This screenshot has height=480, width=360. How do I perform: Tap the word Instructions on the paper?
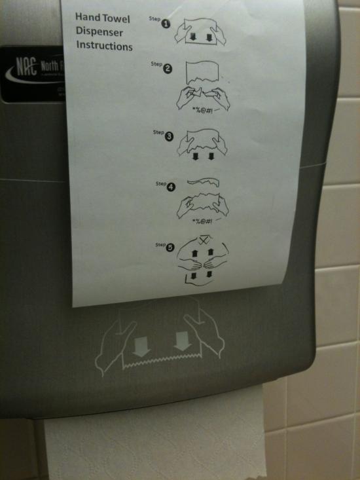(x=104, y=46)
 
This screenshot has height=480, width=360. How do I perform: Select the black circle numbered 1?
(x=166, y=24)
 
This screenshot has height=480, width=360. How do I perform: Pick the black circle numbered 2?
(x=168, y=69)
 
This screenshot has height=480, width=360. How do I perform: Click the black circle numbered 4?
(x=171, y=187)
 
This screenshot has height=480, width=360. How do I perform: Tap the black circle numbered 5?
(x=170, y=248)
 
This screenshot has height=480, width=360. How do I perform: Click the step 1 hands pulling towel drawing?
(x=200, y=29)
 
